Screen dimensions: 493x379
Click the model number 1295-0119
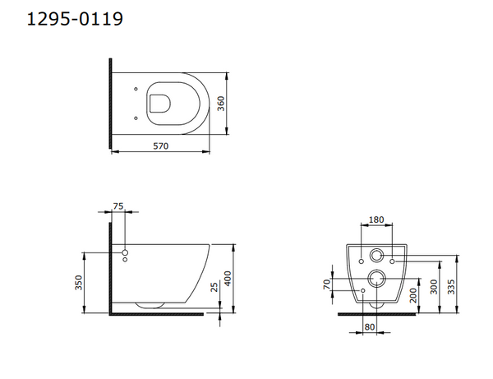point(75,19)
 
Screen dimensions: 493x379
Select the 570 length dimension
point(161,146)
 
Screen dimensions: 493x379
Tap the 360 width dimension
point(221,104)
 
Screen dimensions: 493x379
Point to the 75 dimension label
point(118,206)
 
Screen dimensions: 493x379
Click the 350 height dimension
point(79,283)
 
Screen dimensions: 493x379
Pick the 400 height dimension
point(228,279)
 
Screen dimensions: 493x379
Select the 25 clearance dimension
point(214,287)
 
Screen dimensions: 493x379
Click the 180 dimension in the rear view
point(376,220)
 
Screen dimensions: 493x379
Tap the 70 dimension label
point(327,284)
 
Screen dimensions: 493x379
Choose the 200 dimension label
point(414,295)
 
